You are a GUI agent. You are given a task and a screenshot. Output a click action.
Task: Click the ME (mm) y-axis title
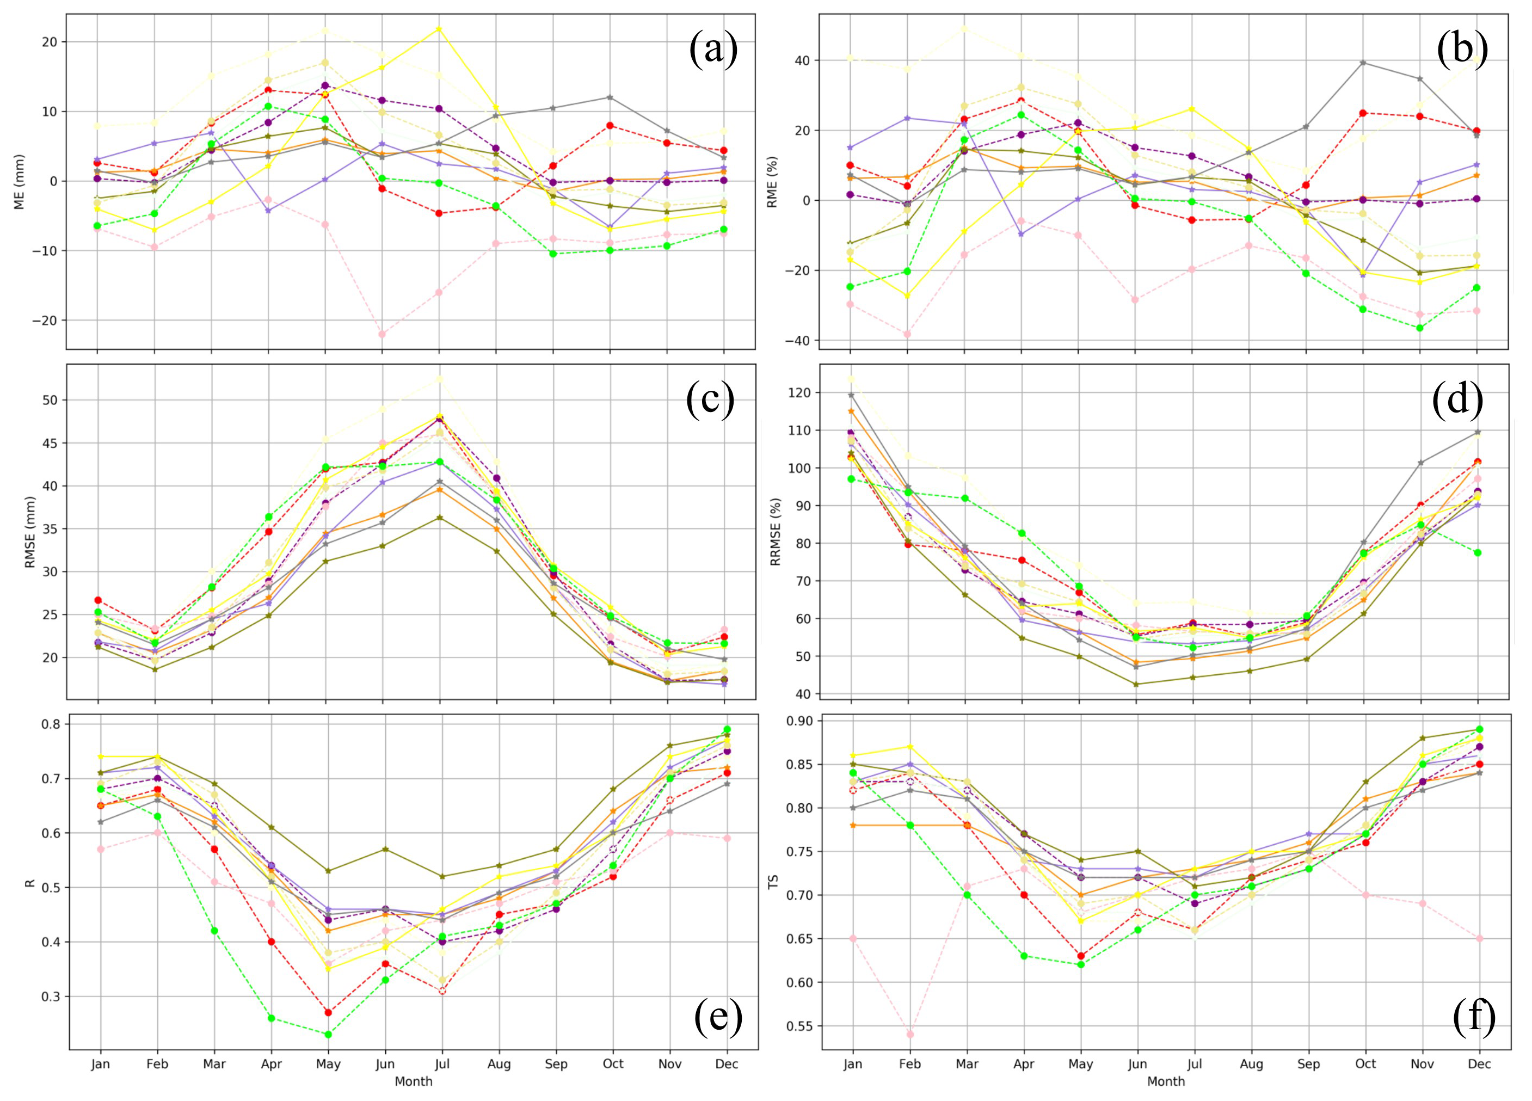[20, 182]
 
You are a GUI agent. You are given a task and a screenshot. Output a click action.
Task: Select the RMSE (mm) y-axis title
[30, 532]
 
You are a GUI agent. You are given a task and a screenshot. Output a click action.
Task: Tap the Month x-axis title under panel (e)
[414, 1081]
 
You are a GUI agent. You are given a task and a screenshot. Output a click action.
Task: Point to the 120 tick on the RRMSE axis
[799, 393]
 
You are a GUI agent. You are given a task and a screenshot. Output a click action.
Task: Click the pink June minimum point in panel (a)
[383, 334]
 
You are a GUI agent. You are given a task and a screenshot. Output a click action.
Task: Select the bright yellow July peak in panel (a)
[440, 28]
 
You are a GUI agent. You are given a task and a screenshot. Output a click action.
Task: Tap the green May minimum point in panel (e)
[328, 1034]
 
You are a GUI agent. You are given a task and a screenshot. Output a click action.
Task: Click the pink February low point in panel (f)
[910, 1034]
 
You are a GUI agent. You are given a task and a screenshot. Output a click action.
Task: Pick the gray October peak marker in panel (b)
[1363, 63]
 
